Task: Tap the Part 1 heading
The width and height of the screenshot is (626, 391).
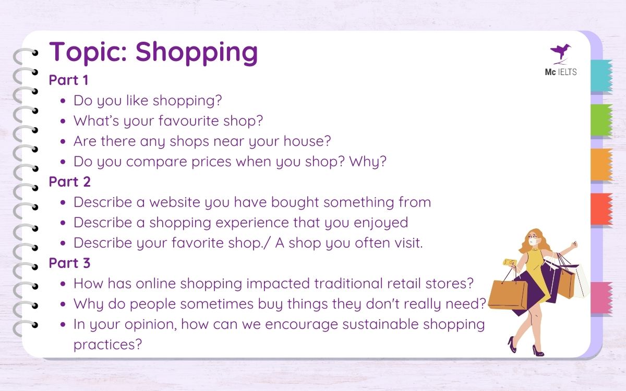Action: click(x=69, y=80)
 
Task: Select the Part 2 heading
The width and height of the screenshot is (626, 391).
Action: click(x=69, y=181)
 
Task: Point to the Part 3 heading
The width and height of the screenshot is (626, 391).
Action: click(x=69, y=263)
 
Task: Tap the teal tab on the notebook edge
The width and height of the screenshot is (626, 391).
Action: click(x=601, y=76)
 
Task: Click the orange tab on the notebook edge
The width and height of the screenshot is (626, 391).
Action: click(x=601, y=165)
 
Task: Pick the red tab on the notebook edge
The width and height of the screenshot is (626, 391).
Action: click(x=601, y=209)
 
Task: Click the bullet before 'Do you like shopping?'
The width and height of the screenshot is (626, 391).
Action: click(x=63, y=101)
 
